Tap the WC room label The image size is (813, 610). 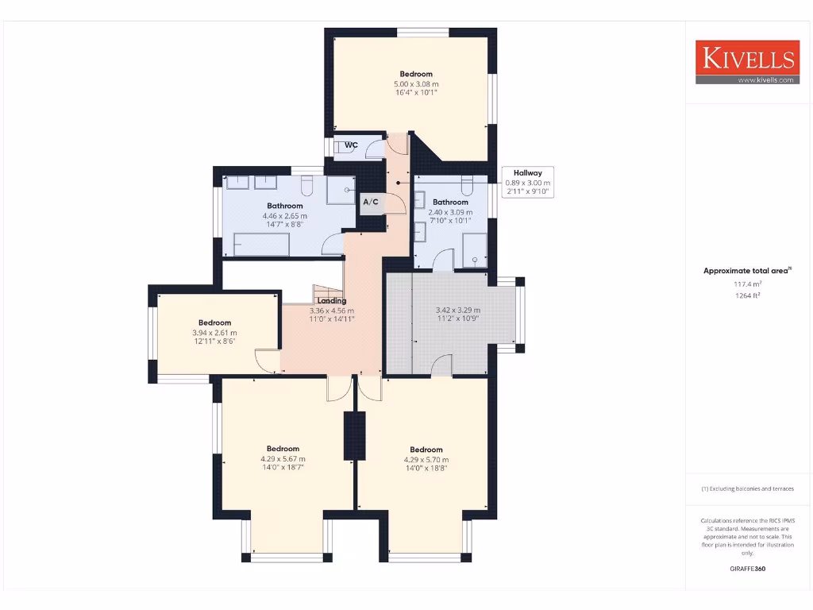350,145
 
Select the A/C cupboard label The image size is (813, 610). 371,203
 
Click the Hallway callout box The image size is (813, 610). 527,182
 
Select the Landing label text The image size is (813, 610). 331,301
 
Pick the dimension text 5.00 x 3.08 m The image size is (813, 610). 416,83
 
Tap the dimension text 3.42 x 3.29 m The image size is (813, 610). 457,311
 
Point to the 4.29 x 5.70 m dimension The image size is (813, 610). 426,459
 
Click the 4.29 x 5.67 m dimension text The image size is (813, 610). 283,458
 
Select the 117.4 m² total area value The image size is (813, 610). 747,284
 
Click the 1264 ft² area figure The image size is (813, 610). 747,295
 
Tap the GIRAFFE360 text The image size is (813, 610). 747,569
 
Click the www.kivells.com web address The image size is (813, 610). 765,80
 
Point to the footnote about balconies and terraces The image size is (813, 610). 747,488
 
